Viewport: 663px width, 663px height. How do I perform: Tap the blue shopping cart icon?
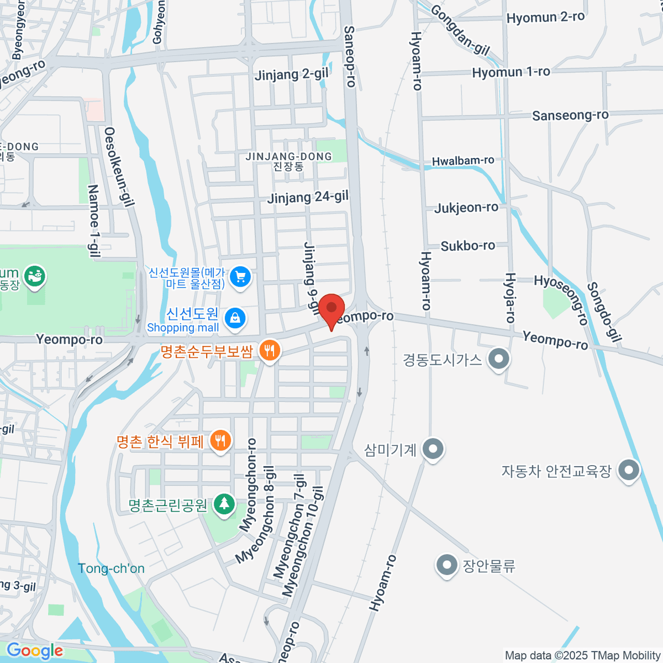[240, 276]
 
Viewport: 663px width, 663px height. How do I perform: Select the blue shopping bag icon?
[235, 319]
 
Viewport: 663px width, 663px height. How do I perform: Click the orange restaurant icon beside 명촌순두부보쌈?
[270, 350]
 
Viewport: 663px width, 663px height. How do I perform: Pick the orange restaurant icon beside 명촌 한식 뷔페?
[220, 440]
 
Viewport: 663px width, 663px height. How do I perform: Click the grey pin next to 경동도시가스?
[499, 359]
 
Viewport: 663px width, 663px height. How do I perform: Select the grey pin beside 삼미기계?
[433, 449]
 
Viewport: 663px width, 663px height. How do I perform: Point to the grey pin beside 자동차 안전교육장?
[628, 471]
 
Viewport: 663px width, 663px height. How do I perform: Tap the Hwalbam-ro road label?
[463, 161]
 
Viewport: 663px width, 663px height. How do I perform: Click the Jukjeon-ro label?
[466, 208]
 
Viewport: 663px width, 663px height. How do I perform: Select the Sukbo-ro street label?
[468, 245]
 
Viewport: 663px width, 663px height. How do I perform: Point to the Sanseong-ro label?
[570, 115]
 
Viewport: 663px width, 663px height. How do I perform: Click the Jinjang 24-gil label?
[308, 197]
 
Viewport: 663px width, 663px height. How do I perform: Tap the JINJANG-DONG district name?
[289, 157]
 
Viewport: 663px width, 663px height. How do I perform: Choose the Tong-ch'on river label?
[111, 569]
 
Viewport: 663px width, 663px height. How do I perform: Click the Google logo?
[34, 651]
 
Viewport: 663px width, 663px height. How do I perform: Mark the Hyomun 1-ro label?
[511, 72]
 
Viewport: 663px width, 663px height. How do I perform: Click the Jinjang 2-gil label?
[291, 74]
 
